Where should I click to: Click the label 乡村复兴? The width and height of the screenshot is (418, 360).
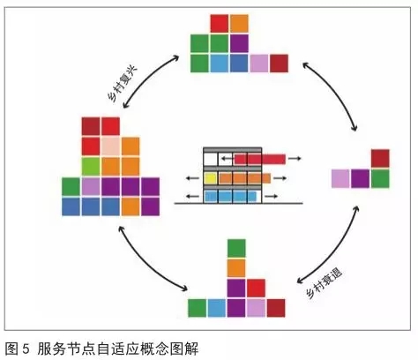pyautogui.click(x=122, y=84)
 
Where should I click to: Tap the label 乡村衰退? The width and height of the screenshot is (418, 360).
pyautogui.click(x=325, y=283)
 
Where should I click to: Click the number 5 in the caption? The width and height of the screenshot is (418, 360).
pyautogui.click(x=26, y=349)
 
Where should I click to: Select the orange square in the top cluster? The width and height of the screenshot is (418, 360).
pyautogui.click(x=239, y=24)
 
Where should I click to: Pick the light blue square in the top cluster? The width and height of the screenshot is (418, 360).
pyautogui.click(x=220, y=64)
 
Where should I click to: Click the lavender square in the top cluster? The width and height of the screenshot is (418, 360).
pyautogui.click(x=259, y=64)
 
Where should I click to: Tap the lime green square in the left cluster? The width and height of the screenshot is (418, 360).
pyautogui.click(x=91, y=167)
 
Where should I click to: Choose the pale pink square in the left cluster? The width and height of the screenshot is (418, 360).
pyautogui.click(x=111, y=146)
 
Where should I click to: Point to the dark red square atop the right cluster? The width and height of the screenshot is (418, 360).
pyautogui.click(x=380, y=159)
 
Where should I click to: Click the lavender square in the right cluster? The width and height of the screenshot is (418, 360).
pyautogui.click(x=340, y=178)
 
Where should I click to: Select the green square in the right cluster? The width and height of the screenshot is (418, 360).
pyautogui.click(x=380, y=178)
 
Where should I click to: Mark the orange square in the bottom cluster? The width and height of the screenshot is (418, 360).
pyautogui.click(x=236, y=268)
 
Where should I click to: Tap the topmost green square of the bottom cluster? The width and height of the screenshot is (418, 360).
pyautogui.click(x=236, y=248)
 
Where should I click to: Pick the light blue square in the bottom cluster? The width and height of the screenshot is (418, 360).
pyautogui.click(x=217, y=308)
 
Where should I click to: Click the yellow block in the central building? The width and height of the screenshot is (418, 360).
pyautogui.click(x=211, y=178)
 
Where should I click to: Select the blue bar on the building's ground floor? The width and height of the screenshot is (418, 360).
pyautogui.click(x=230, y=197)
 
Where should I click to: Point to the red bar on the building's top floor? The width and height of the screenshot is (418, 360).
pyautogui.click(x=260, y=159)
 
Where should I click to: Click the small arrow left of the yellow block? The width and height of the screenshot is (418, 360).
pyautogui.click(x=192, y=178)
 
